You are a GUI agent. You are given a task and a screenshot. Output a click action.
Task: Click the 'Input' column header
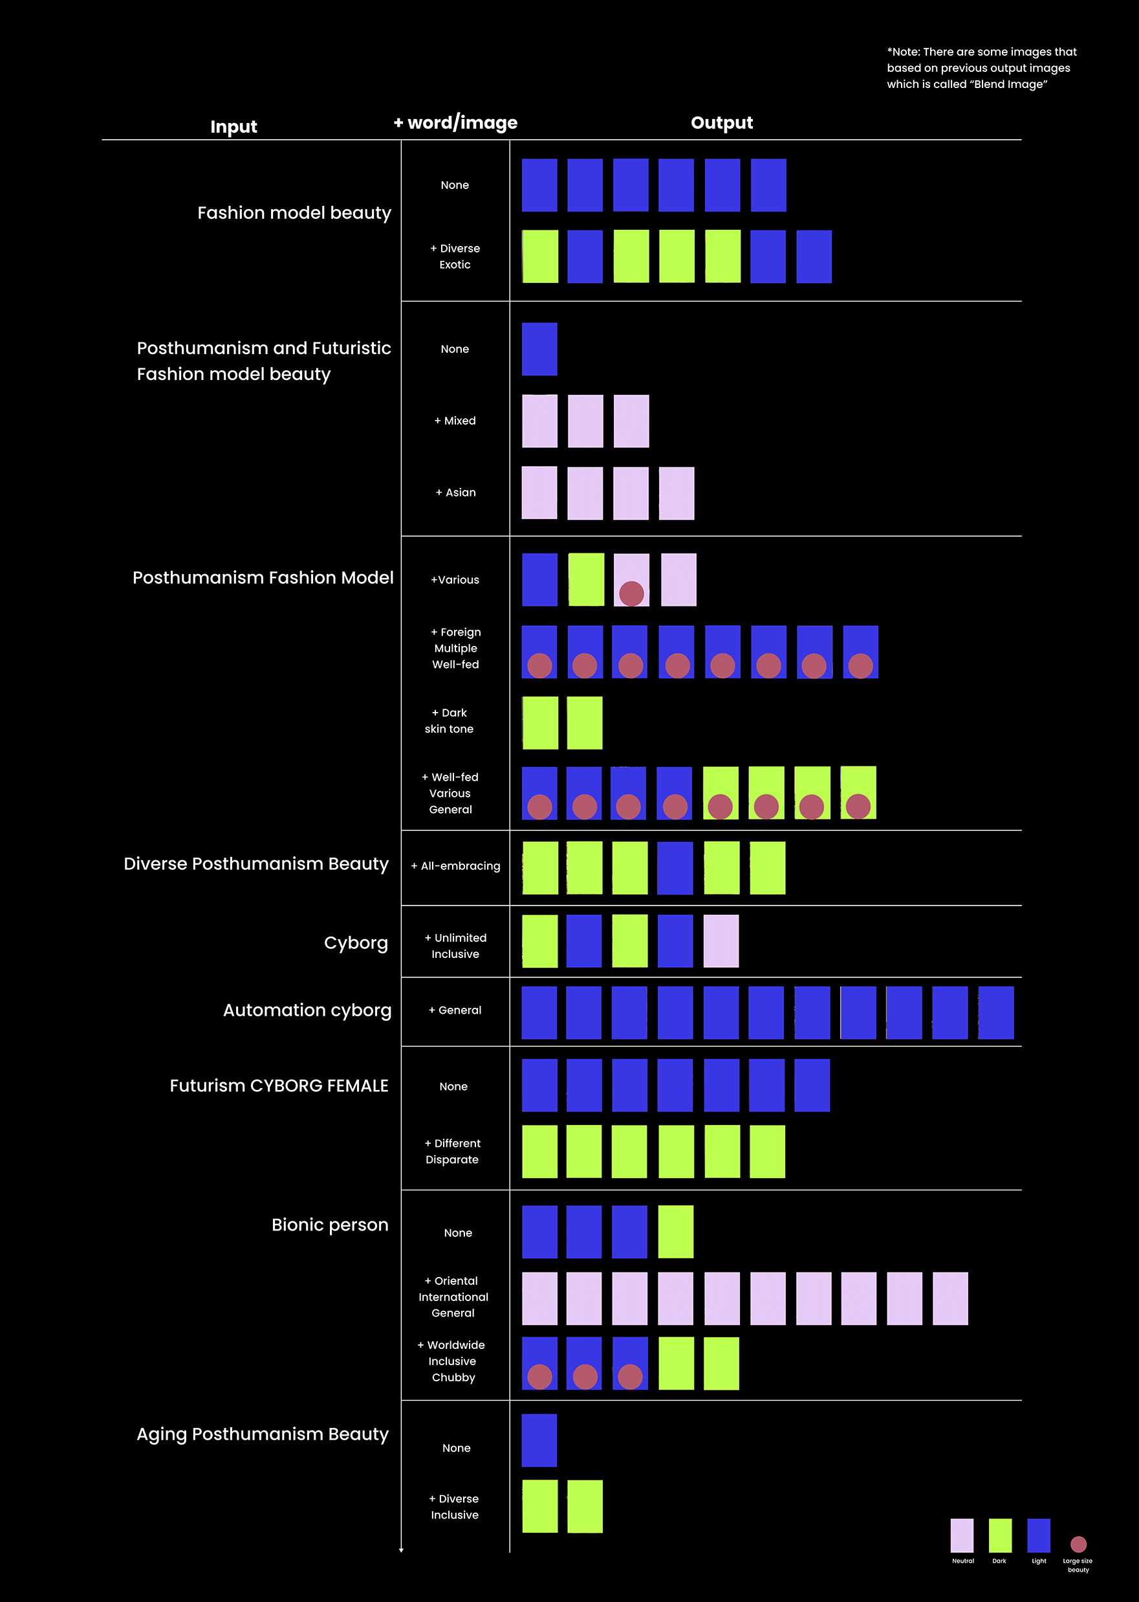(233, 127)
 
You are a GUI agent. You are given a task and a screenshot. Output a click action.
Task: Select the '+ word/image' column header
(456, 123)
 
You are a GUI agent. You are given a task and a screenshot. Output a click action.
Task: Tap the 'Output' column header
(722, 123)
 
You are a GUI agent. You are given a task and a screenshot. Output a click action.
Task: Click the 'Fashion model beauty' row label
(294, 212)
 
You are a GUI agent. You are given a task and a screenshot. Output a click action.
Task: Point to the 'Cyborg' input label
(356, 942)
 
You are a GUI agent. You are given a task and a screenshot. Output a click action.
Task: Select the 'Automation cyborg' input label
(307, 1010)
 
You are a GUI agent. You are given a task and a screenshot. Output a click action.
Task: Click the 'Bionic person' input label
(330, 1225)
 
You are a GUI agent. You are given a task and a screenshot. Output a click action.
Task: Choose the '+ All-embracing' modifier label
(456, 866)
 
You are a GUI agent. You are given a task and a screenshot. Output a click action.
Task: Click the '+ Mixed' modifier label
(455, 420)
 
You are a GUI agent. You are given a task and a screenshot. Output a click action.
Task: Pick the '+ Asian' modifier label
(456, 493)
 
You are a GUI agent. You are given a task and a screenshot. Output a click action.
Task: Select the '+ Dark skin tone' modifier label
(449, 720)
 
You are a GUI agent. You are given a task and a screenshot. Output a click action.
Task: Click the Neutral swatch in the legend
(962, 1535)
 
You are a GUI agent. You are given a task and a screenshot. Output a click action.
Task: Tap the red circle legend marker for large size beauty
(1078, 1544)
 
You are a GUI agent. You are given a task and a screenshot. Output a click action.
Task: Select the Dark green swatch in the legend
(999, 1535)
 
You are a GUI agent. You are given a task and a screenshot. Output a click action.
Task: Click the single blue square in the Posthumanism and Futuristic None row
(539, 349)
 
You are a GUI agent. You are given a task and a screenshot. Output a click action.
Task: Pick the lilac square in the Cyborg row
(721, 941)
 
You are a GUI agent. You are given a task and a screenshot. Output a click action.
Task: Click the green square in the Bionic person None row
(675, 1232)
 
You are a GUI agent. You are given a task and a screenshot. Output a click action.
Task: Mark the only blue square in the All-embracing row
(675, 868)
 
